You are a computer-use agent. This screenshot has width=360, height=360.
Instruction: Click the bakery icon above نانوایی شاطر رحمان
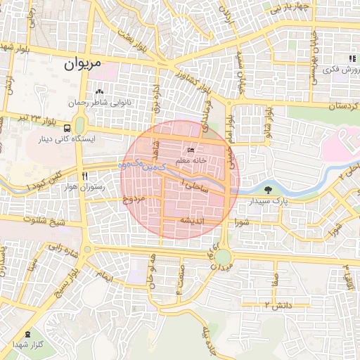(99, 91)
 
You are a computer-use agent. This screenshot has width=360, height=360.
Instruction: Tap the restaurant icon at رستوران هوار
(84, 176)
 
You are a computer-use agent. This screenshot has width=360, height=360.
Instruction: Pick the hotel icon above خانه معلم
(191, 150)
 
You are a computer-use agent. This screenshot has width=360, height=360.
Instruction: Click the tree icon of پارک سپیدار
(268, 190)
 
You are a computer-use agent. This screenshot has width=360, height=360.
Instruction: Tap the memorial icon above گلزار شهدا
(27, 333)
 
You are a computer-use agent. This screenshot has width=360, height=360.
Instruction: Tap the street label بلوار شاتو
(268, 120)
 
